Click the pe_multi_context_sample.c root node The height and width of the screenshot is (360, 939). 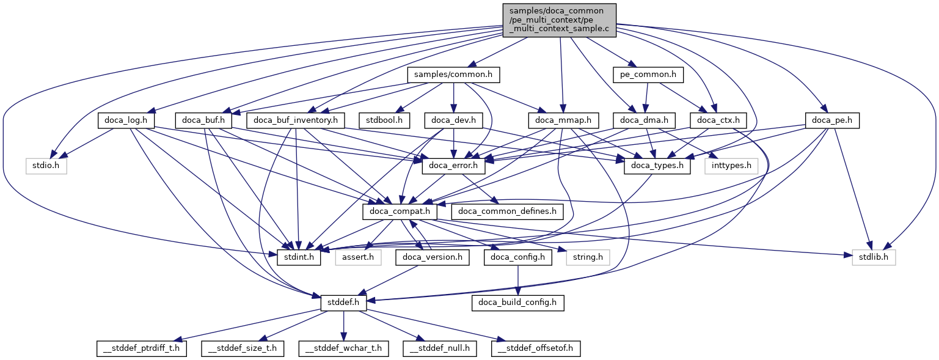click(559, 20)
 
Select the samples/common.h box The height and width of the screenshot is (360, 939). click(453, 75)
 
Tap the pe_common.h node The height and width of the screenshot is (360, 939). click(648, 75)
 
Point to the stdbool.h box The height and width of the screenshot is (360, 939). click(384, 120)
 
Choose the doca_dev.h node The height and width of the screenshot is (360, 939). click(453, 120)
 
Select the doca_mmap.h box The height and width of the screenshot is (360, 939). click(563, 120)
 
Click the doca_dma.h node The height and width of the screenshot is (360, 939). click(643, 120)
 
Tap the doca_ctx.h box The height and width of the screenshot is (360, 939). click(715, 120)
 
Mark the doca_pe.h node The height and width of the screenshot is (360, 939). click(833, 120)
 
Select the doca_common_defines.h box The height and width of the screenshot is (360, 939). click(507, 211)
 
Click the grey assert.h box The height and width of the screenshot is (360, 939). click(358, 257)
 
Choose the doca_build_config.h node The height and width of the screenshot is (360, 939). click(518, 302)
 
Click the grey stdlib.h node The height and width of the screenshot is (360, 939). click(874, 257)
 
